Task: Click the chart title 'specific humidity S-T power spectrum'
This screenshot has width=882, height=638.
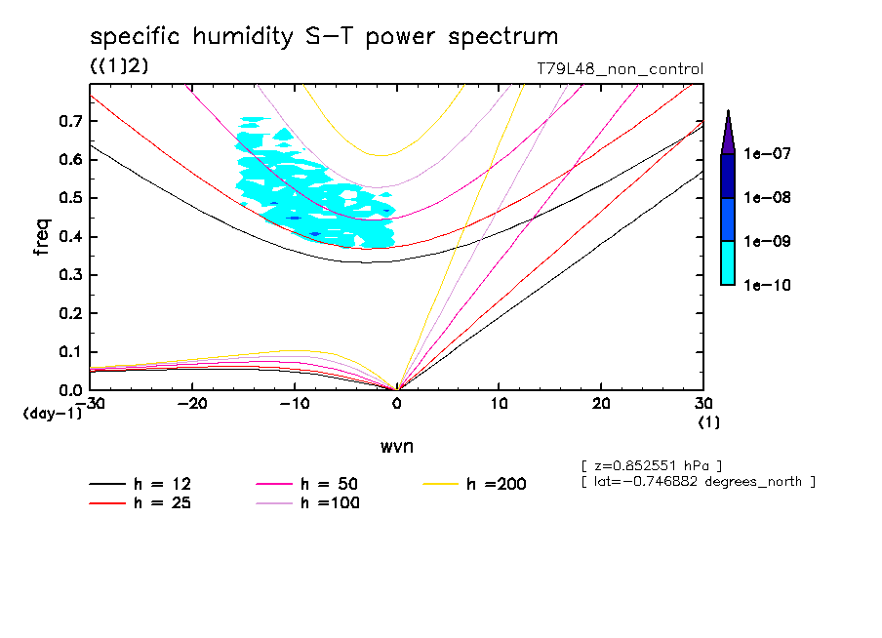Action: click(x=324, y=37)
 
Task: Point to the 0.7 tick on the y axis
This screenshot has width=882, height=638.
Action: click(x=70, y=121)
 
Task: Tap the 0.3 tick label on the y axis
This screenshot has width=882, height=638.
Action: click(x=70, y=275)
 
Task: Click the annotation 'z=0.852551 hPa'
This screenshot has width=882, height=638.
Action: click(x=651, y=464)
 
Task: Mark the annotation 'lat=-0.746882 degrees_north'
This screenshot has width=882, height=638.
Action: click(x=698, y=482)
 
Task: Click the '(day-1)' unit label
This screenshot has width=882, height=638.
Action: click(x=53, y=414)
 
